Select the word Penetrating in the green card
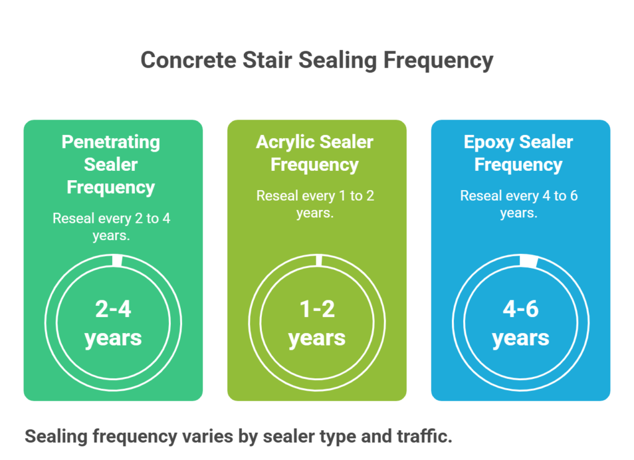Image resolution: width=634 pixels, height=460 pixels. (x=111, y=142)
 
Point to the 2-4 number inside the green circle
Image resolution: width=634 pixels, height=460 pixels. (x=113, y=309)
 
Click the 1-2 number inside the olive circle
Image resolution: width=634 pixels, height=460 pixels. (x=317, y=309)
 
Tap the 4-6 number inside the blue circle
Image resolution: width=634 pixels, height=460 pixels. (x=521, y=309)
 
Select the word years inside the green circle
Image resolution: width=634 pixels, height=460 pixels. (x=113, y=338)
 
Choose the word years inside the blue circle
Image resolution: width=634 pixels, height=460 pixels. (x=521, y=338)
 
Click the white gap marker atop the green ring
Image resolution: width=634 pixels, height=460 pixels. (x=117, y=260)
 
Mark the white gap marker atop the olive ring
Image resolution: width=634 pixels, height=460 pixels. (x=319, y=260)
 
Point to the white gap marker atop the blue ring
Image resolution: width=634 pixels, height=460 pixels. (x=528, y=261)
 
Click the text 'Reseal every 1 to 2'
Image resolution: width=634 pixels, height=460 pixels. (x=315, y=196)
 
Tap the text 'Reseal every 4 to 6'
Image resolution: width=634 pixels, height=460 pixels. (x=519, y=196)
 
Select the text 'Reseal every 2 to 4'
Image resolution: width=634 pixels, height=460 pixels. (x=111, y=218)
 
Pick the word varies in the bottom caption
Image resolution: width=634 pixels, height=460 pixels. (x=208, y=436)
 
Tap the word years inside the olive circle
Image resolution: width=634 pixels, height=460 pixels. (x=317, y=338)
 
